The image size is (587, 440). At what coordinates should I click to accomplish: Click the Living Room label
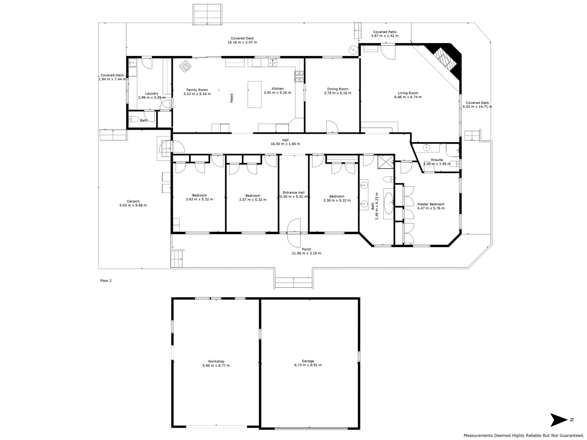pyautogui.click(x=408, y=93)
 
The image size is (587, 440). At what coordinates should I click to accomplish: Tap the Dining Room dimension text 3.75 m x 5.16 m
pyautogui.click(x=338, y=93)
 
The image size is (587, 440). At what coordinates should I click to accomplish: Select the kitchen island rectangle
pyautogui.click(x=254, y=94)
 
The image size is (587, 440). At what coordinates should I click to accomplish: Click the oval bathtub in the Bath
pyautogui.click(x=389, y=203)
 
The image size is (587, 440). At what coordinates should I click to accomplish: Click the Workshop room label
pyautogui.click(x=216, y=361)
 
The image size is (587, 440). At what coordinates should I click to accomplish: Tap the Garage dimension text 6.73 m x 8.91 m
pyautogui.click(x=308, y=365)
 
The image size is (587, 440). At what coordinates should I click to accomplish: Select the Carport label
pyautogui.click(x=133, y=201)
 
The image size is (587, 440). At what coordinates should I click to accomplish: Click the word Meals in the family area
pyautogui.click(x=231, y=98)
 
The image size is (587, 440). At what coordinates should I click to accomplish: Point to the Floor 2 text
pyautogui.click(x=106, y=280)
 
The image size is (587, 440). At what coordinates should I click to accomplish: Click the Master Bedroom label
pyautogui.click(x=431, y=204)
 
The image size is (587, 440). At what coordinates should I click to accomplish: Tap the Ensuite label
pyautogui.click(x=437, y=160)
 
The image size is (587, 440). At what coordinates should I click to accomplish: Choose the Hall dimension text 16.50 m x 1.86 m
pyautogui.click(x=285, y=144)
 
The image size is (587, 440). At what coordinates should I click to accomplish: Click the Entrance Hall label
pyautogui.click(x=293, y=193)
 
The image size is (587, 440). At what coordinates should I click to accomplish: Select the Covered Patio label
pyautogui.click(x=385, y=32)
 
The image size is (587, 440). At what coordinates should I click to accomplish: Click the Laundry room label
pyautogui.click(x=152, y=94)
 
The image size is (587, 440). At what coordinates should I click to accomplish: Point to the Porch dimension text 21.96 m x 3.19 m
pyautogui.click(x=306, y=253)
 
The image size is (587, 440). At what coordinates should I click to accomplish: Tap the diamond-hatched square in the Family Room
pyautogui.click(x=185, y=66)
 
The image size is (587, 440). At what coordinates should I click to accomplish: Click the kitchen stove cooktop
pyautogui.click(x=299, y=76)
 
